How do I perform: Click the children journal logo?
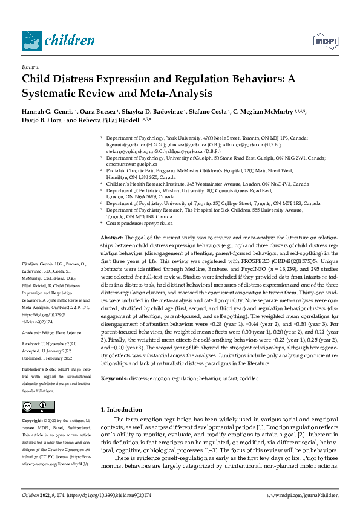click(58, 41)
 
